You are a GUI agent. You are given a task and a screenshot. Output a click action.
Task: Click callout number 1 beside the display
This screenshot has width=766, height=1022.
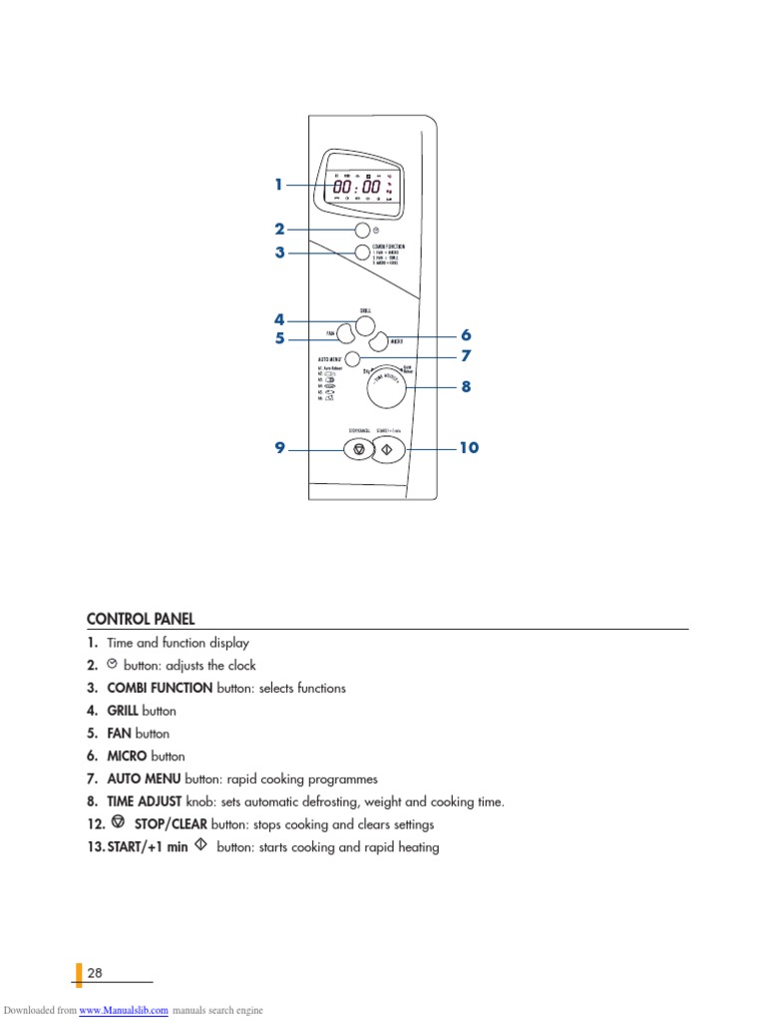[x=279, y=185]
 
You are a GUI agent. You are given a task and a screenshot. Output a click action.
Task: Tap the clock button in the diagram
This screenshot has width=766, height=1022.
[x=361, y=230]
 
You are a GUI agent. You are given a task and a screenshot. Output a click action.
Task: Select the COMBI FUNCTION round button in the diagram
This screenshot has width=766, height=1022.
[x=361, y=253]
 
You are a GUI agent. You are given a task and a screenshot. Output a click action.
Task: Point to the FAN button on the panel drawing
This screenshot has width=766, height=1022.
[x=342, y=334]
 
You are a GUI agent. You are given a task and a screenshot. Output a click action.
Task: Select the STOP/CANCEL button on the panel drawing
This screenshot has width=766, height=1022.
[x=358, y=449]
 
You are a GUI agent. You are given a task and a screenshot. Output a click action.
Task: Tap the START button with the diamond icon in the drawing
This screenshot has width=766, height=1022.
[x=388, y=449]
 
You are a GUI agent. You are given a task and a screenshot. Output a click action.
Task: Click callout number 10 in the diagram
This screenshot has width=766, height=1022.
[x=468, y=448]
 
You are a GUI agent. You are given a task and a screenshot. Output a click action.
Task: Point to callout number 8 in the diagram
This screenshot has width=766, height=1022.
[x=465, y=386]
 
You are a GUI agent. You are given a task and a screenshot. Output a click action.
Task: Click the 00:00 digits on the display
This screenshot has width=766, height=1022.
[x=356, y=187]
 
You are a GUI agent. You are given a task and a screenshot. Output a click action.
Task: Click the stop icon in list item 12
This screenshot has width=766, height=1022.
[x=119, y=823]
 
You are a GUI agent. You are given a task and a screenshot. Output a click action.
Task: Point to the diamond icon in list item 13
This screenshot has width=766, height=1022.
[x=200, y=846]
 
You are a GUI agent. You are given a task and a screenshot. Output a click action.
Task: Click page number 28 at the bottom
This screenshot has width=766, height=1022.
[x=95, y=973]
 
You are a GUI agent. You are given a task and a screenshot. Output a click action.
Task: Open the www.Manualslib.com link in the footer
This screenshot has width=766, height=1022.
[x=124, y=1010]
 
